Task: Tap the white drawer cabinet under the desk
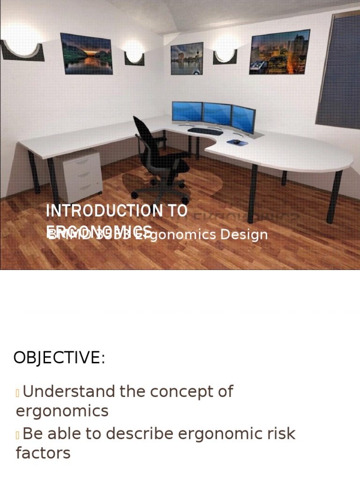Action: pyautogui.click(x=82, y=176)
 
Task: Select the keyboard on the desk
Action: pyautogui.click(x=205, y=131)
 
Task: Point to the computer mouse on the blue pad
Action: pyautogui.click(x=237, y=141)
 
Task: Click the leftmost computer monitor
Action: pyautogui.click(x=187, y=112)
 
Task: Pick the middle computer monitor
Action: pyautogui.click(x=217, y=114)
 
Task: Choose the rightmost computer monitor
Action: pyautogui.click(x=243, y=119)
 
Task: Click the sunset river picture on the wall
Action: pyautogui.click(x=86, y=53)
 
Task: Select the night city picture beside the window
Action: pyautogui.click(x=279, y=52)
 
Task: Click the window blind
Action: pyautogui.click(x=338, y=70)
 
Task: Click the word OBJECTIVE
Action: pyautogui.click(x=59, y=358)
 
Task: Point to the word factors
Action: pyautogui.click(x=43, y=453)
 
